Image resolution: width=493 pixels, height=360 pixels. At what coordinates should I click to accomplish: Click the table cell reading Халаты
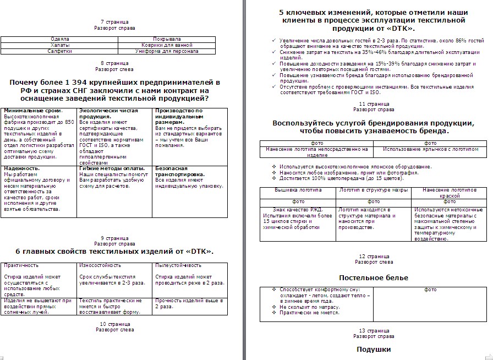tap(59, 45)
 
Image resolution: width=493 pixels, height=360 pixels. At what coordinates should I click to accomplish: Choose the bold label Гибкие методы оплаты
tap(112, 168)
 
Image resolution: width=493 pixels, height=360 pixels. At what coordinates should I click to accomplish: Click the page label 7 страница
tap(114, 21)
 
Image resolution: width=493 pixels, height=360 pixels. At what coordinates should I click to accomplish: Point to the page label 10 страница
tap(114, 324)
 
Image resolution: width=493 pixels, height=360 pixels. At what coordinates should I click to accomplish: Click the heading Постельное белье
tap(374, 277)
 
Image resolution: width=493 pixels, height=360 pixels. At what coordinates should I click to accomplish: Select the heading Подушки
tap(374, 350)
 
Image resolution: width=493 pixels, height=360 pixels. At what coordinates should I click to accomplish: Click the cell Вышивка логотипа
tap(298, 190)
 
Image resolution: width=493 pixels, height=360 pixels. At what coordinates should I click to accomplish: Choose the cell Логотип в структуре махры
tap(374, 190)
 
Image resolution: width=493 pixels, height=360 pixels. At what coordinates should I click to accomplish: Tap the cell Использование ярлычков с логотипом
tap(430, 149)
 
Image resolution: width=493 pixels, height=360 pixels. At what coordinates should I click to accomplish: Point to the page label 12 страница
tap(374, 257)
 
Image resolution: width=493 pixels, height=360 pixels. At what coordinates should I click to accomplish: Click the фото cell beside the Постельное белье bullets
tap(430, 290)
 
